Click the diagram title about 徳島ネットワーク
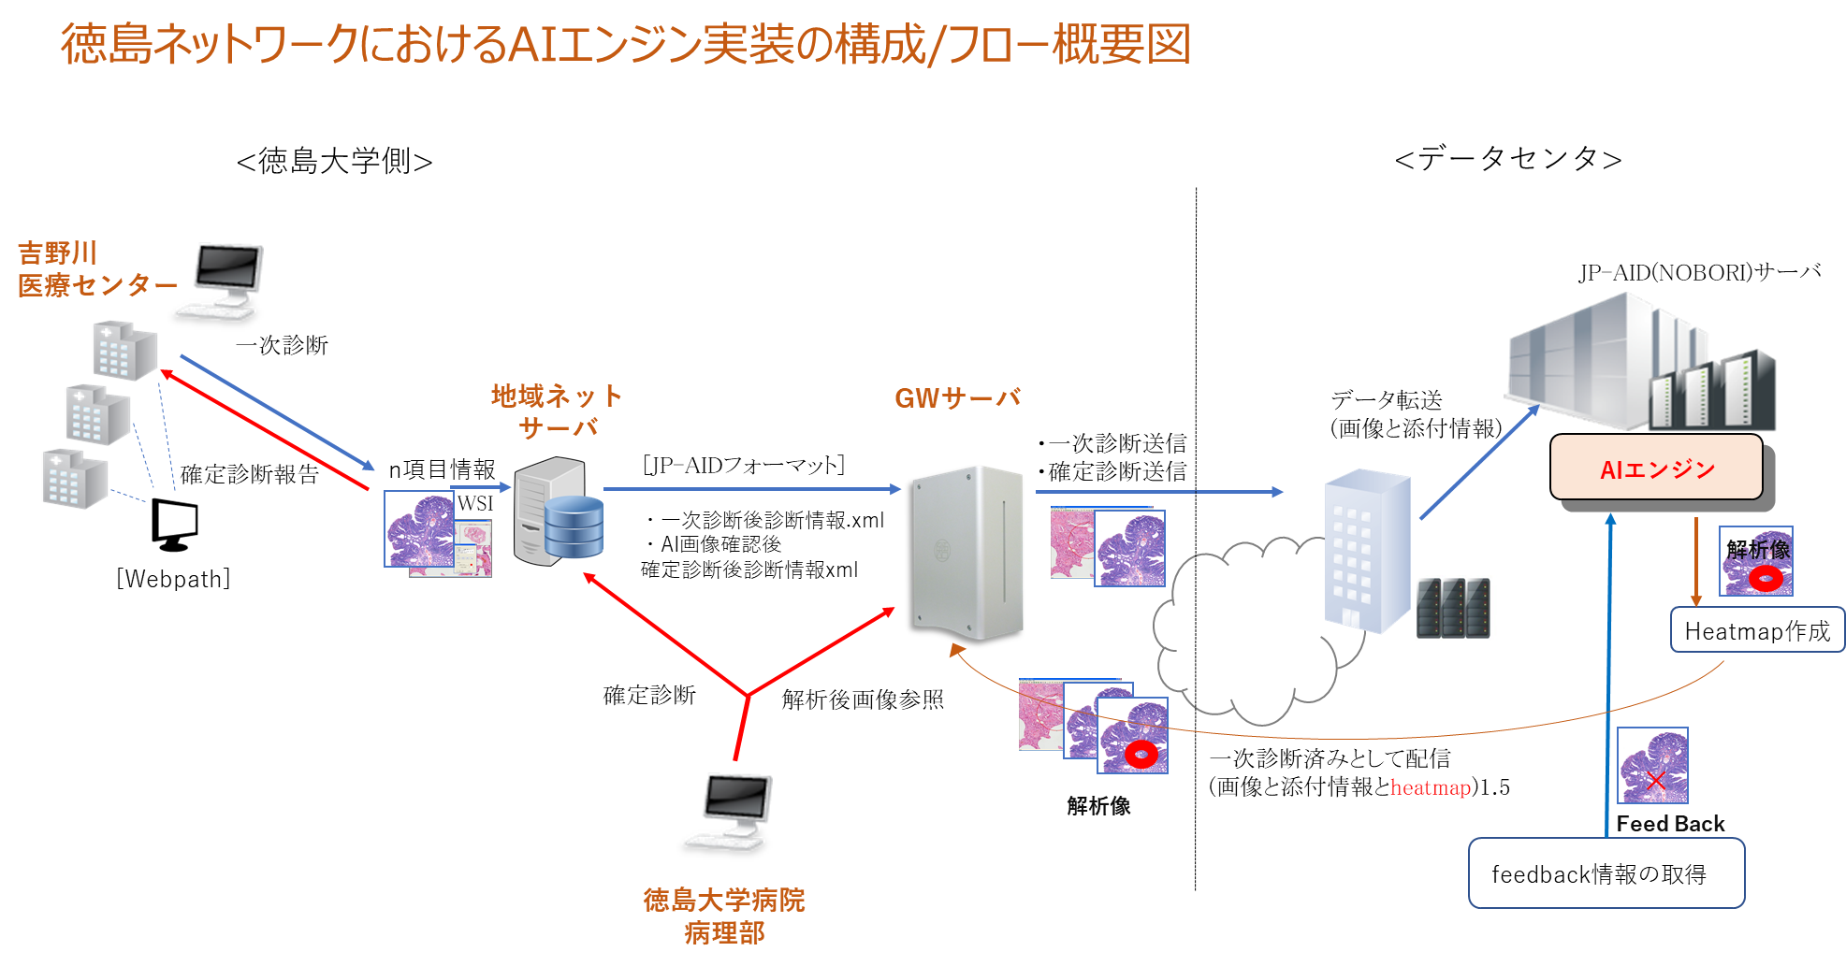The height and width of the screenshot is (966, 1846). [x=625, y=45]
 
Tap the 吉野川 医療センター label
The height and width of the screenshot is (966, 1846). [x=96, y=269]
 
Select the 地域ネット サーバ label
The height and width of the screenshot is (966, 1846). [x=558, y=411]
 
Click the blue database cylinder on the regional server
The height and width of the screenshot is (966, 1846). [x=574, y=526]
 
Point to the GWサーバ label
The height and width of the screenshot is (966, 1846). [x=957, y=398]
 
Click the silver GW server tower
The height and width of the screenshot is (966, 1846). [x=967, y=552]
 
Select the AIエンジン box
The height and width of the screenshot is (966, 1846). [x=1656, y=469]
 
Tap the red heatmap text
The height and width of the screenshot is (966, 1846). [x=1430, y=787]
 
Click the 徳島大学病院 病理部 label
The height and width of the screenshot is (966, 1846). [x=723, y=916]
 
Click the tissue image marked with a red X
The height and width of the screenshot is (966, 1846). [x=1653, y=766]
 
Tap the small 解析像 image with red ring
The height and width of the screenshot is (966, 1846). [x=1756, y=562]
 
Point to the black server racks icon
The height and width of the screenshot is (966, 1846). [x=1452, y=608]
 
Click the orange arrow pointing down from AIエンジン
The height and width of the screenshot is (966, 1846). [x=1696, y=561]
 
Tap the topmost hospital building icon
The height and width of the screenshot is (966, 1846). [x=124, y=351]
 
